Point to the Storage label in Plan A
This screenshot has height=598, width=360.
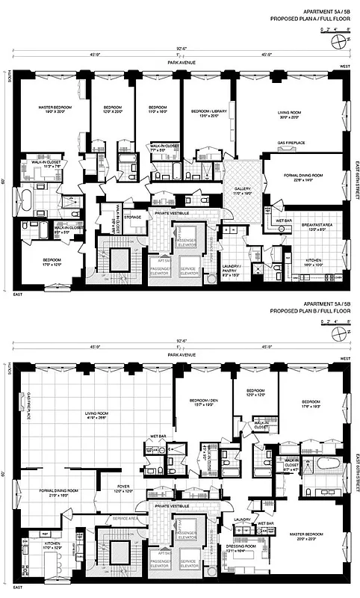tap(133, 218)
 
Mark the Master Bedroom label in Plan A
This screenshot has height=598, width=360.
tap(54, 109)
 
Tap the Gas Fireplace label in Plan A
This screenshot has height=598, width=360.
tap(291, 142)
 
